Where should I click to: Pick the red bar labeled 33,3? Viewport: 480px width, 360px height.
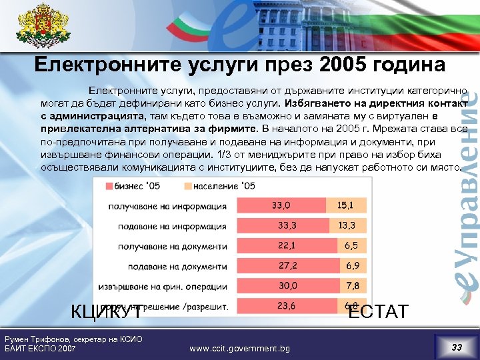coord(283,226)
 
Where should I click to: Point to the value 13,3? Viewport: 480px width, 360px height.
coord(347,226)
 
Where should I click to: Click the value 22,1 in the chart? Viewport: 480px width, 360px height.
coord(287,246)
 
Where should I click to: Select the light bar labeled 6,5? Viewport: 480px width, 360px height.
coord(351,246)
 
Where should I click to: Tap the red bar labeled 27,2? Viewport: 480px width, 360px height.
coord(287,266)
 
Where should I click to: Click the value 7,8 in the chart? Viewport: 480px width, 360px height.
coord(352,286)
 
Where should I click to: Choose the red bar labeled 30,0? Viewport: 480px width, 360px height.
coord(287,286)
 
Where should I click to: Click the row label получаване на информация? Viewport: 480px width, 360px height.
coord(167,207)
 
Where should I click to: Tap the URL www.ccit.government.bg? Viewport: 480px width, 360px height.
coord(240,349)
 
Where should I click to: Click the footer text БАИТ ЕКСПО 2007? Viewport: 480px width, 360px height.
coord(40,349)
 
